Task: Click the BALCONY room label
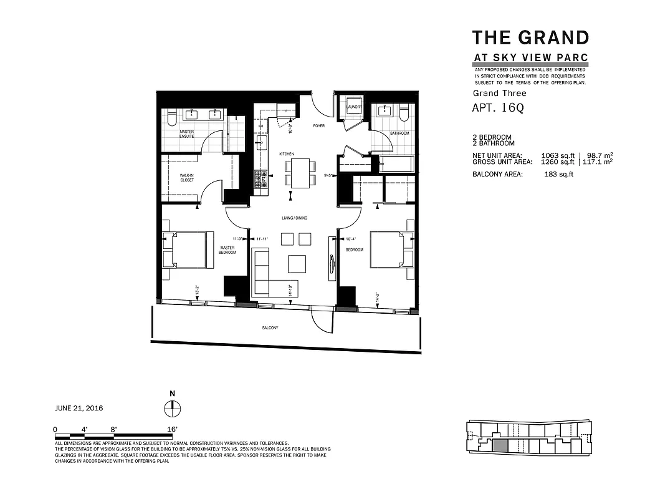(x=270, y=328)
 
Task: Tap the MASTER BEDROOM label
(x=227, y=250)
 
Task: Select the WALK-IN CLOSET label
(x=186, y=178)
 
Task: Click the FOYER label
(x=319, y=126)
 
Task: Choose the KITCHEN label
(x=286, y=153)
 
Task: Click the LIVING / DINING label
(x=294, y=218)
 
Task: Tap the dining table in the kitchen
(x=299, y=173)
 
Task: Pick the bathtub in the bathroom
(x=396, y=164)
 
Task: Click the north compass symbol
(x=173, y=409)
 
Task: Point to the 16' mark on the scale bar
(x=173, y=429)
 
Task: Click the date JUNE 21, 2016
(x=79, y=408)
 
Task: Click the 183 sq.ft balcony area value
(x=558, y=174)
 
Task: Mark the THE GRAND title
(x=530, y=37)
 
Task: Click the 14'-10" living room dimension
(x=290, y=290)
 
